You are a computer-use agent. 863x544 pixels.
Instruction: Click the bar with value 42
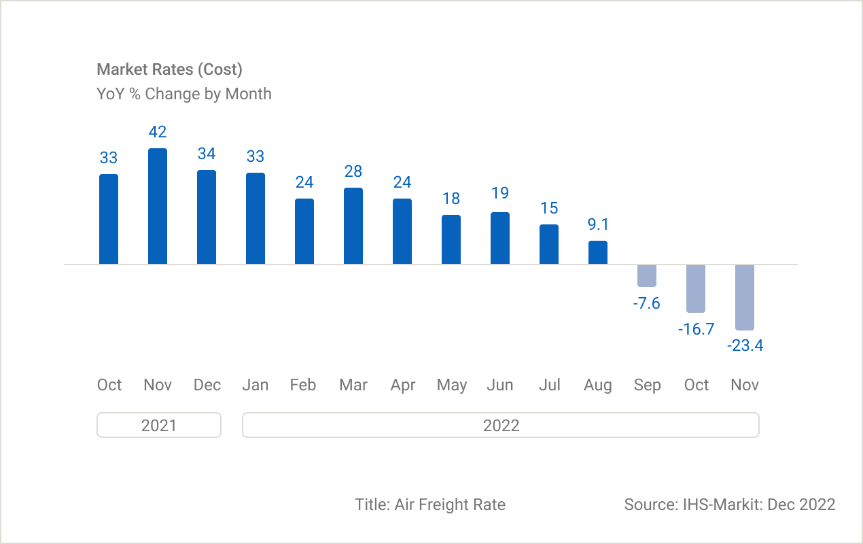[x=158, y=206]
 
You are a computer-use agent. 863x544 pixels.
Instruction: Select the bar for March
[x=353, y=226]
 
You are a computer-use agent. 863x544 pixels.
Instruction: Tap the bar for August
[x=598, y=252]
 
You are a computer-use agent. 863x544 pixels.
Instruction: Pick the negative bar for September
[x=647, y=275]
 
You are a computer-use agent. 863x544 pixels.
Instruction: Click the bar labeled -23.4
[x=745, y=297]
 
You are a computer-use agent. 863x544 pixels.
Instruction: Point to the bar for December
[x=207, y=217]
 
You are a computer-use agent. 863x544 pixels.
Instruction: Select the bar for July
[x=549, y=244]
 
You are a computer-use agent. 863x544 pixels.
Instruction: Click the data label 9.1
[x=598, y=224]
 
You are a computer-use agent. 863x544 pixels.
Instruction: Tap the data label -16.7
[x=696, y=329]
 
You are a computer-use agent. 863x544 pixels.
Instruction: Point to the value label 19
[x=500, y=193]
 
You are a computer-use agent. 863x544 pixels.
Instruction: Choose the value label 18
[x=451, y=199]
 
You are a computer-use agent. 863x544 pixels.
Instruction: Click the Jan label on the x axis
[x=256, y=385]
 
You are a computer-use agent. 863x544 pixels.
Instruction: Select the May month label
[x=451, y=386]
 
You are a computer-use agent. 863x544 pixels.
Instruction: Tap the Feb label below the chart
[x=303, y=385]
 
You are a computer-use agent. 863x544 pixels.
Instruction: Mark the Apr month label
[x=402, y=386]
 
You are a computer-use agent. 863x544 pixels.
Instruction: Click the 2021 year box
[x=159, y=425]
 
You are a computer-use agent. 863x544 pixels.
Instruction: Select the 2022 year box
[x=501, y=425]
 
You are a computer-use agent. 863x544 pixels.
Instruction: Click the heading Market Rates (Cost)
[x=169, y=69]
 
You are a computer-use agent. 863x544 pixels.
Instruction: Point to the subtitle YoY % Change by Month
[x=184, y=94]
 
